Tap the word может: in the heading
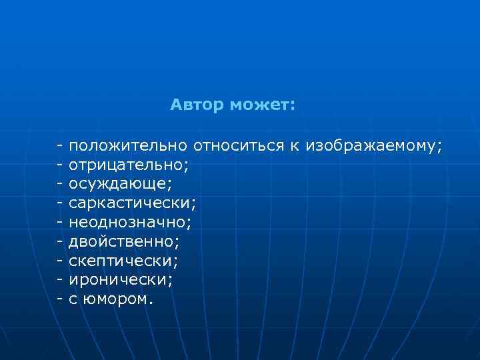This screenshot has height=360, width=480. tap(263, 105)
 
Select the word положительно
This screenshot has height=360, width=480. tap(129, 145)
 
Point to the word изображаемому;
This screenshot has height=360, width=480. tap(373, 145)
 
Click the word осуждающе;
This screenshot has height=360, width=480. tap(120, 182)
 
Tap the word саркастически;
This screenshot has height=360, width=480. tap(133, 201)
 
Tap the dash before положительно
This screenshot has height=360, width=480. tap(60, 145)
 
